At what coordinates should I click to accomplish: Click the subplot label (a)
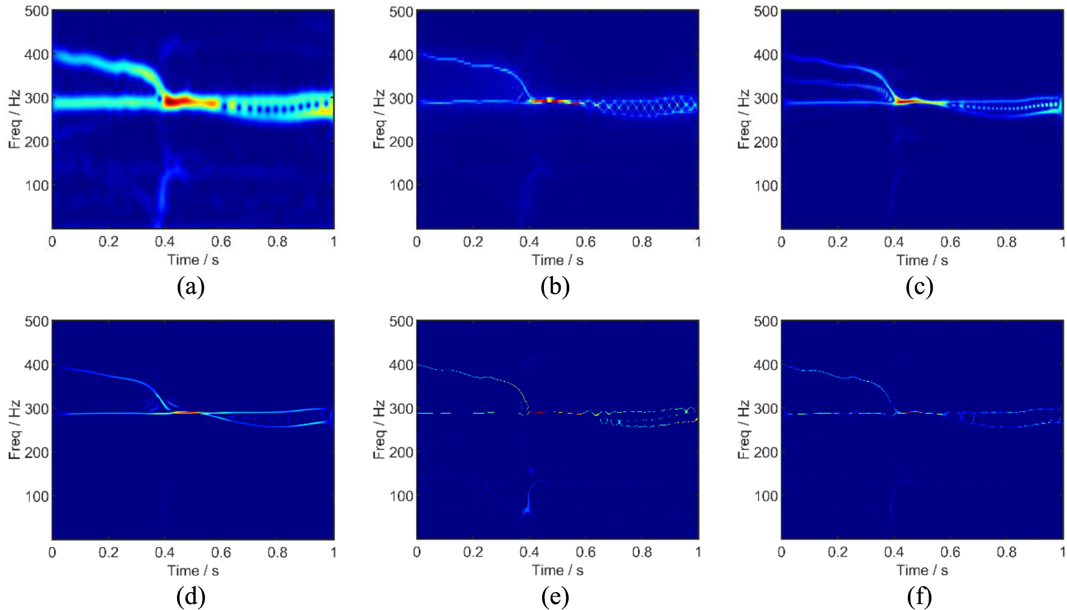tap(190, 287)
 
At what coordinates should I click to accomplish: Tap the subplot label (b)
tap(555, 287)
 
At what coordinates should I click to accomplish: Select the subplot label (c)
tap(919, 287)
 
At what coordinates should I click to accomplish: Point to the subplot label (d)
tap(190, 597)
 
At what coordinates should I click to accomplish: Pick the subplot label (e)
tap(555, 597)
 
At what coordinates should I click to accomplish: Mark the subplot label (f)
tap(919, 597)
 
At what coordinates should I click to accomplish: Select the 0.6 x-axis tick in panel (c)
tap(950, 242)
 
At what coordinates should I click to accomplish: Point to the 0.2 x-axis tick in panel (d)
tap(108, 552)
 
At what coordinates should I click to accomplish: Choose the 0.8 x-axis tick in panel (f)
tap(1006, 552)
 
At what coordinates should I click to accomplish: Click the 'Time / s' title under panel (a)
tap(193, 260)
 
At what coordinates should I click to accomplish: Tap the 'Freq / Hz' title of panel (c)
tap(744, 119)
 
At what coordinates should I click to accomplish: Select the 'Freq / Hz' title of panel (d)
tap(15, 430)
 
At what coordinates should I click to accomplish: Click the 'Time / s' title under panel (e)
tap(557, 570)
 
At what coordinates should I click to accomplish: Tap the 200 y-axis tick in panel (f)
tap(766, 452)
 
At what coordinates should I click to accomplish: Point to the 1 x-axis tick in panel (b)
tap(698, 242)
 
